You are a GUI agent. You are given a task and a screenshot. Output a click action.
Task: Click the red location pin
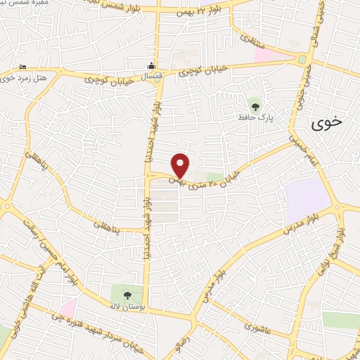(181, 165)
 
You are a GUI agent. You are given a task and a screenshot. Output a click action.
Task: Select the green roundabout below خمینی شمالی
(302, 60)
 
